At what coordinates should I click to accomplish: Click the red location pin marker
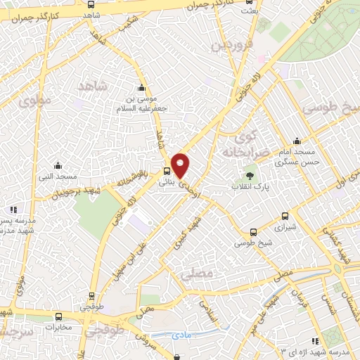click(x=181, y=165)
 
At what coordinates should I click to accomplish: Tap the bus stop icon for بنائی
click(x=167, y=170)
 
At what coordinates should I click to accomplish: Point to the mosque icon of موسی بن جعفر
click(x=143, y=88)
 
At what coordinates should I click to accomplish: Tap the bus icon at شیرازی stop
click(x=284, y=217)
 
